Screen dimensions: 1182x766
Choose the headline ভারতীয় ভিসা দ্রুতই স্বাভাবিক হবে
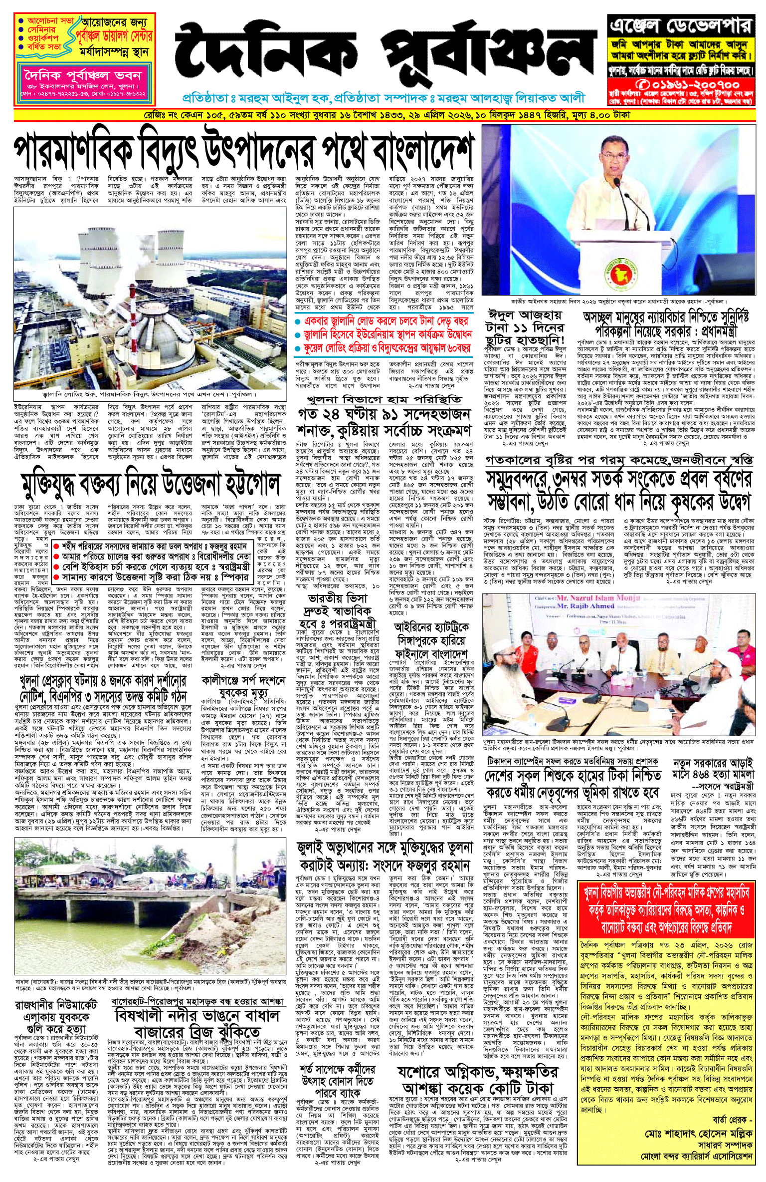pyautogui.click(x=339, y=611)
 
